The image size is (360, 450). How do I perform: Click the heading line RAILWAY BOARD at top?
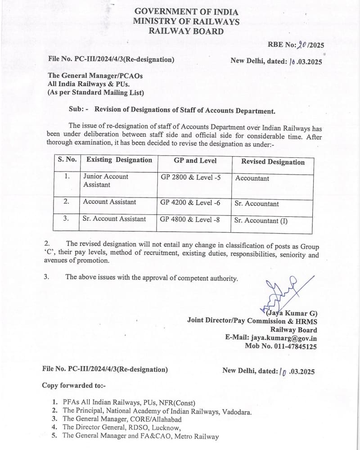(x=186, y=31)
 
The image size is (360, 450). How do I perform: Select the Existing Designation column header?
(x=119, y=160)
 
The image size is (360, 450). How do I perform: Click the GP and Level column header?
(x=195, y=161)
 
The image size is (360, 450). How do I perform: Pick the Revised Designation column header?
(x=273, y=162)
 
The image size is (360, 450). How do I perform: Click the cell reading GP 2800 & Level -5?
(x=191, y=177)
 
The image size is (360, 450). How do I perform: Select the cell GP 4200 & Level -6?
(x=190, y=202)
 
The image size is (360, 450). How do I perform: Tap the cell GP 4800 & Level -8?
(x=190, y=219)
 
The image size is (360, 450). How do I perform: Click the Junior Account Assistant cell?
(x=106, y=180)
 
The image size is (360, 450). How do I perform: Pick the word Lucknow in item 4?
(x=165, y=428)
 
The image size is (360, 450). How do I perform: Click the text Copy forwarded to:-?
(x=73, y=386)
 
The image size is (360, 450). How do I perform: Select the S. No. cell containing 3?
(x=66, y=218)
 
